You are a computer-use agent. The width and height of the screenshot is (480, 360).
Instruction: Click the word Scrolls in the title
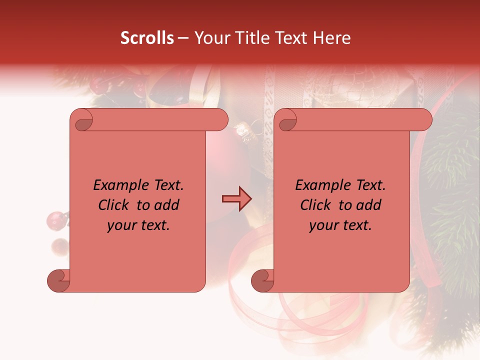(x=147, y=38)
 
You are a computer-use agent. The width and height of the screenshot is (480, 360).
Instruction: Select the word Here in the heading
(x=330, y=38)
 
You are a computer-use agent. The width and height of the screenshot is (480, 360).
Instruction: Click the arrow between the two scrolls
(x=236, y=199)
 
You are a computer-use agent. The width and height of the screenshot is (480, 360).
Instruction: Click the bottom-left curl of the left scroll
(x=59, y=281)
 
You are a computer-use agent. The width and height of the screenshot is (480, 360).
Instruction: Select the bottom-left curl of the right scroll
(x=263, y=281)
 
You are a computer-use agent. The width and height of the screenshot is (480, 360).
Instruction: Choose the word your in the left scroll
(x=121, y=226)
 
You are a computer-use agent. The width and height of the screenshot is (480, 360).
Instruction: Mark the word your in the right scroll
(x=323, y=226)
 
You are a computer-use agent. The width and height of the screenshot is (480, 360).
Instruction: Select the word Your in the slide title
(x=208, y=38)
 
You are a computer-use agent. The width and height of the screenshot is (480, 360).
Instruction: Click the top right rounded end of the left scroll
(x=220, y=120)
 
